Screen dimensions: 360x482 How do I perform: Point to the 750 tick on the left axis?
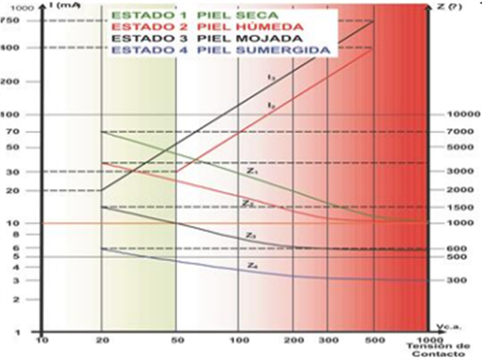click(13, 21)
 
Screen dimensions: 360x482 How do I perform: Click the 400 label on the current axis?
click(13, 47)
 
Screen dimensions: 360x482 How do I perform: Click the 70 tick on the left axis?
click(16, 131)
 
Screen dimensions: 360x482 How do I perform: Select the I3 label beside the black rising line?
click(270, 77)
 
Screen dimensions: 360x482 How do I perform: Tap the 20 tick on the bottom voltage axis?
click(102, 340)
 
